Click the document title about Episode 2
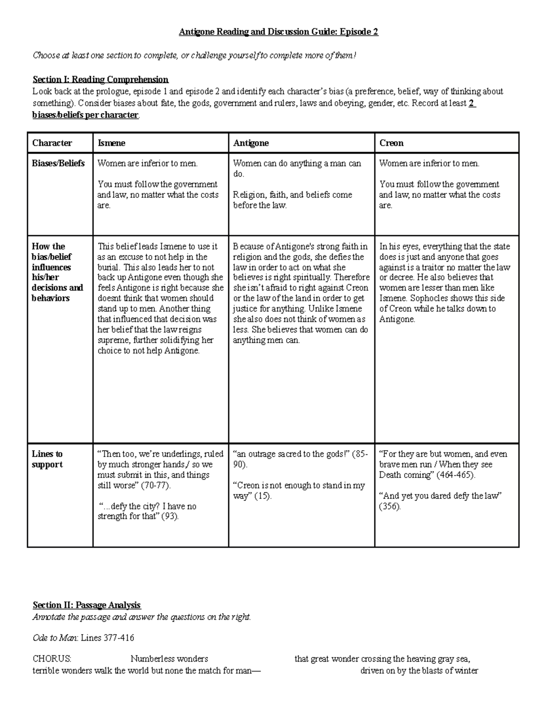click(x=278, y=32)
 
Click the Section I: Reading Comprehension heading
click(x=100, y=79)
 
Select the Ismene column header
click(x=111, y=143)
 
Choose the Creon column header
click(x=391, y=143)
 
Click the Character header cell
click(x=52, y=143)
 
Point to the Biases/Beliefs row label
click(x=58, y=163)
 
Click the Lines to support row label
click(x=47, y=459)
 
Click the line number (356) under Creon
click(x=389, y=506)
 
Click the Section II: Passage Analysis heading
click(x=87, y=605)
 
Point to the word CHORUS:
click(x=52, y=659)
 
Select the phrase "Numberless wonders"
click(x=169, y=659)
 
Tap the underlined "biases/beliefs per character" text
click(x=85, y=115)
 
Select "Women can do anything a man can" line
click(x=297, y=163)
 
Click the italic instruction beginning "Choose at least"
click(x=194, y=56)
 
